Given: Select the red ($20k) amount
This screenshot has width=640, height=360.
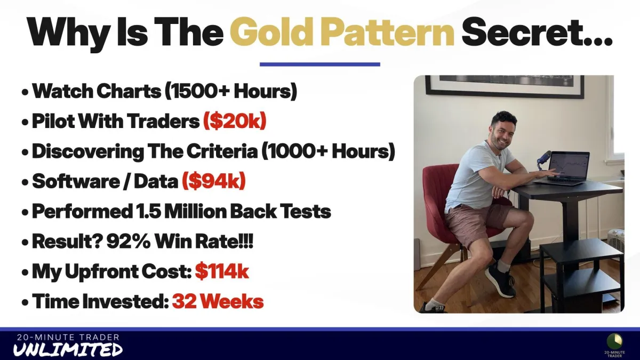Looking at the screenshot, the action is tap(235, 121).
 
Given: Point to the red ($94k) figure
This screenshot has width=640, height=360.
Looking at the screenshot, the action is tap(214, 181).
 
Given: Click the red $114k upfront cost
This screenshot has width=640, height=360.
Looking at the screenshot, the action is tap(222, 271).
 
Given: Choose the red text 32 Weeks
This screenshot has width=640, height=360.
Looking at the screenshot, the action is tap(218, 301).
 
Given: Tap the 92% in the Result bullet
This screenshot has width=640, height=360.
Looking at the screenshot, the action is tap(129, 241).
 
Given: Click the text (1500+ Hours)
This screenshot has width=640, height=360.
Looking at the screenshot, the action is tap(231, 91).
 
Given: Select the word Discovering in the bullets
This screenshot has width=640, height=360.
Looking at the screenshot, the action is tap(88, 151).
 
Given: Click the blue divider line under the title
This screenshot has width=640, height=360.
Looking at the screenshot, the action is tap(319, 65).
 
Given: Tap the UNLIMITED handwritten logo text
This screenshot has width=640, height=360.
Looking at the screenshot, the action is tap(68, 349).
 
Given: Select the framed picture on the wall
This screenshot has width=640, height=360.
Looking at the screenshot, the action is tap(505, 86).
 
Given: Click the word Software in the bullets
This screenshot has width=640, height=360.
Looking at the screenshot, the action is tap(76, 181).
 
